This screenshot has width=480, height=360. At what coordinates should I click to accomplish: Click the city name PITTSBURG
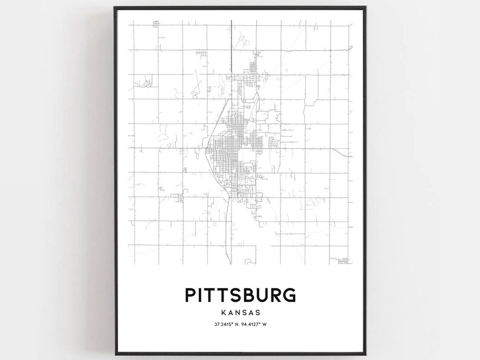(240, 295)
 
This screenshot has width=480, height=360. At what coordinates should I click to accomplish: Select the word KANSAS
(240, 313)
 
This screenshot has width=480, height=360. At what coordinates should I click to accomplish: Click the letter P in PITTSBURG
(190, 295)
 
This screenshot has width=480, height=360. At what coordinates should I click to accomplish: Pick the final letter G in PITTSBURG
(289, 295)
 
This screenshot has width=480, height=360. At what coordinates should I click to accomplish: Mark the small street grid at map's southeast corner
(343, 261)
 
